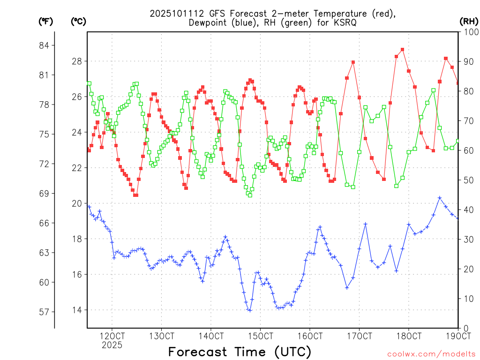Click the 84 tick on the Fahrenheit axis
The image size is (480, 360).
pyautogui.click(x=47, y=45)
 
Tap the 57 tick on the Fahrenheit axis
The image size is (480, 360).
pyautogui.click(x=47, y=312)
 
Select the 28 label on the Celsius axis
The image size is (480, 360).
pyautogui.click(x=77, y=61)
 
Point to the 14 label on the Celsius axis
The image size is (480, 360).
pyautogui.click(x=77, y=310)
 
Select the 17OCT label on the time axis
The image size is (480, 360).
pyautogui.click(x=359, y=336)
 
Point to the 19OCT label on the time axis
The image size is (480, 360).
pyautogui.click(x=457, y=336)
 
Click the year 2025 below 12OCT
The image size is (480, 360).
pyautogui.click(x=112, y=345)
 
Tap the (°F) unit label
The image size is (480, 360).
pyautogui.click(x=46, y=21)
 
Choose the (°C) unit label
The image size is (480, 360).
pyautogui.click(x=78, y=21)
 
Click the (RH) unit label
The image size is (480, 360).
pyautogui.click(x=468, y=21)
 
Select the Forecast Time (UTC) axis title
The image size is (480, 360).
pyautogui.click(x=240, y=352)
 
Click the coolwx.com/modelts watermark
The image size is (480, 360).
pyautogui.click(x=431, y=354)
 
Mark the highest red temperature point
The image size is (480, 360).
pyautogui.click(x=402, y=50)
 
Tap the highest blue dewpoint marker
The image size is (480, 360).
pyautogui.click(x=440, y=198)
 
